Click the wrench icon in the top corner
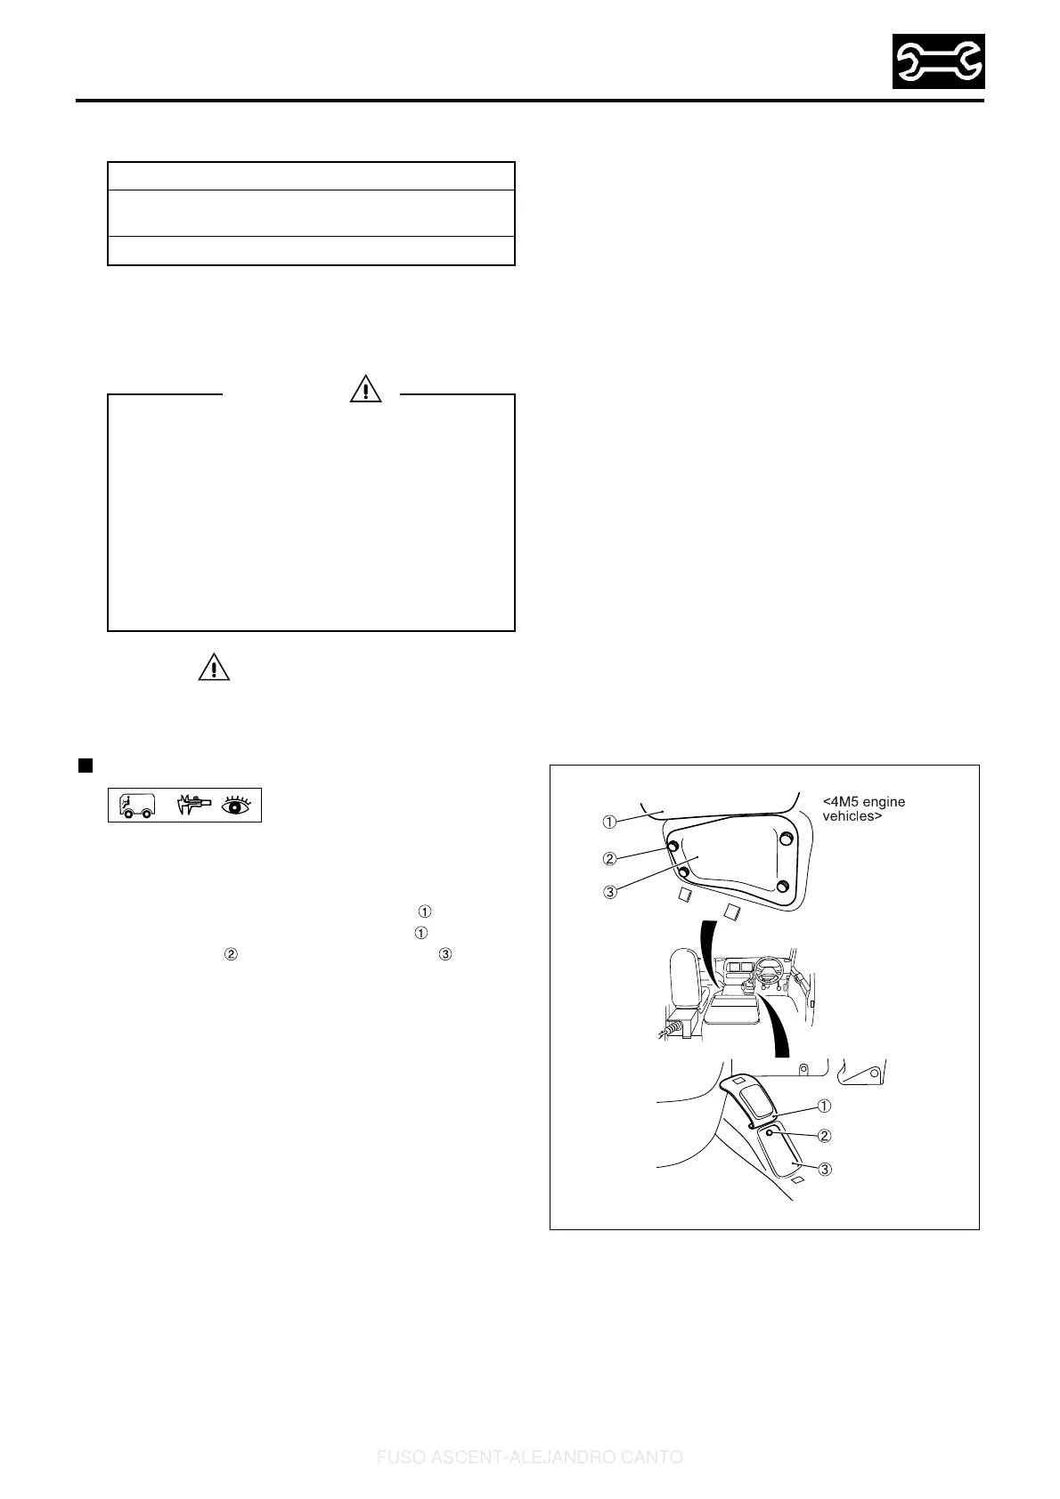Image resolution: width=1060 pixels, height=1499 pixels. pos(939,61)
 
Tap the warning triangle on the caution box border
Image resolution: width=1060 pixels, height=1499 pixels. pos(365,389)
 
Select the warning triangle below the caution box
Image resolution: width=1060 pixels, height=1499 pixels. pos(214,668)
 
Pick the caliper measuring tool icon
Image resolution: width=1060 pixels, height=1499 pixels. pos(191,805)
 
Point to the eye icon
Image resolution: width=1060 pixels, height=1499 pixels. pos(238,805)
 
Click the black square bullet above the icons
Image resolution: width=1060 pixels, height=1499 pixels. pos(86,765)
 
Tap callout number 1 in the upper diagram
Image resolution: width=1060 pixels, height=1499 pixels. pos(610,820)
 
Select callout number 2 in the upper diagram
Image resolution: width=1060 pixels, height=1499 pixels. pos(610,859)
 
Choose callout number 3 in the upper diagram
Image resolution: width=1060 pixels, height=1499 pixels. pos(610,893)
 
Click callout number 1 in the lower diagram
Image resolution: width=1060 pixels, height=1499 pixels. pos(825,1106)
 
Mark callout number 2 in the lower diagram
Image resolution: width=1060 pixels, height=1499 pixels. pos(825,1136)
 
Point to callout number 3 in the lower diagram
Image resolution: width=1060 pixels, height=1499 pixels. pos(825,1169)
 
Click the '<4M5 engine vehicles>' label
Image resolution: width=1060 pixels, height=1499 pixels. pos(863,808)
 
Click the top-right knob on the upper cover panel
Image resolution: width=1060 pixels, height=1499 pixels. pos(786,839)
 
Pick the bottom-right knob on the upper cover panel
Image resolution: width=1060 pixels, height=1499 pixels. pos(782,886)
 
